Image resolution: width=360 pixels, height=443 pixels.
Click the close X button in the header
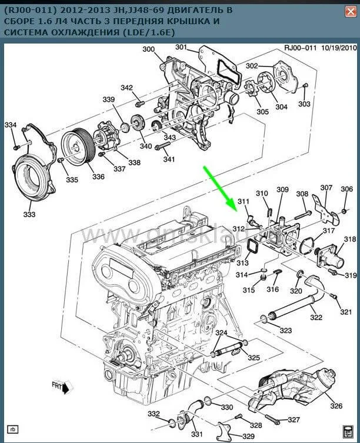[x=350, y=12]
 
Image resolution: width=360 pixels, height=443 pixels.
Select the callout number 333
[x=29, y=215]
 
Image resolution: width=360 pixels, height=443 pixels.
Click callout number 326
[x=336, y=406]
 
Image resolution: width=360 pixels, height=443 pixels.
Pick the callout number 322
[x=316, y=318]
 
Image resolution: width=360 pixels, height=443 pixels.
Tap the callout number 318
[x=350, y=239]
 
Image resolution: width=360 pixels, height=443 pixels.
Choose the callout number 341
[x=169, y=159]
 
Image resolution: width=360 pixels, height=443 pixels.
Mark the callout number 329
[x=248, y=436]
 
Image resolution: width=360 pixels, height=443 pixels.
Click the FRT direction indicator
[x=59, y=387]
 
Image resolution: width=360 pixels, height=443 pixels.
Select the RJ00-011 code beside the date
[x=301, y=48]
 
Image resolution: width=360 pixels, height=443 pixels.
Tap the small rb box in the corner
[x=13, y=428]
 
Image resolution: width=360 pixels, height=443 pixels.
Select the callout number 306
[x=347, y=189]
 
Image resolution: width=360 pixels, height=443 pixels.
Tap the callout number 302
[x=252, y=66]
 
